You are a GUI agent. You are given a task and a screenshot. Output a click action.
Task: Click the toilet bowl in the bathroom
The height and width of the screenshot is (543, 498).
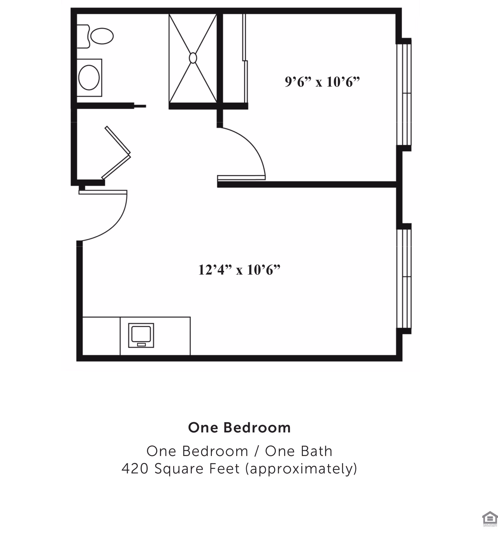click(x=102, y=36)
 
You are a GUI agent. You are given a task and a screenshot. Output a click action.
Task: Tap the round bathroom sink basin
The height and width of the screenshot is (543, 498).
click(x=89, y=78)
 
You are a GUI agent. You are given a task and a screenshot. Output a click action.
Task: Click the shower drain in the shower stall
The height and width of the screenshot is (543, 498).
click(x=193, y=58)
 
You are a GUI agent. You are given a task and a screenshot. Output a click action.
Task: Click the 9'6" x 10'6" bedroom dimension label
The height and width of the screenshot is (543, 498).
click(x=322, y=82)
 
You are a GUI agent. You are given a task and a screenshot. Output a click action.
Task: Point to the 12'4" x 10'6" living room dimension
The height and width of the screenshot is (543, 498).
click(x=239, y=270)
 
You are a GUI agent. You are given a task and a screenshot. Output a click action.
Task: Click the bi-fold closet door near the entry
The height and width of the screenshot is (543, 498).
click(x=117, y=153)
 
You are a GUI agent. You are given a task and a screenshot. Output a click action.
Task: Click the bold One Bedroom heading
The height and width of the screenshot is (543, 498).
click(x=239, y=428)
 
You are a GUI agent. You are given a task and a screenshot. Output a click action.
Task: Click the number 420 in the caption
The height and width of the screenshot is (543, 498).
click(x=135, y=469)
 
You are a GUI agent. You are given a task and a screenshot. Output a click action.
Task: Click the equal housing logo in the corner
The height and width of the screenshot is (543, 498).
click(x=489, y=518)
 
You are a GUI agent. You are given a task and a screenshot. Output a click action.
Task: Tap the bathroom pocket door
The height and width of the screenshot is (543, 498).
click(x=140, y=106)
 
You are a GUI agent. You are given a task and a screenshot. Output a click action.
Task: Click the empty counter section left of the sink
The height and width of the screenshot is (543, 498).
click(x=101, y=336)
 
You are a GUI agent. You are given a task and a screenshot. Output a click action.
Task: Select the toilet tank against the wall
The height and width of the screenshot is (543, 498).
click(x=83, y=36)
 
